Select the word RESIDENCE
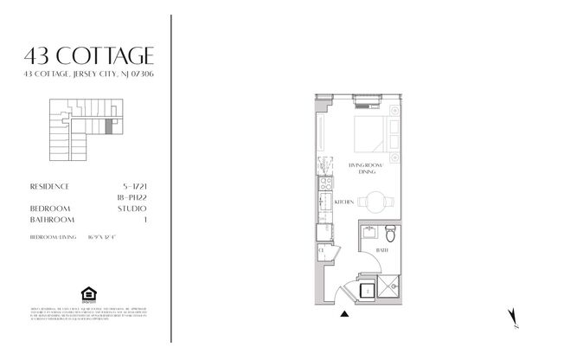click(50, 186)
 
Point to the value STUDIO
click(135, 209)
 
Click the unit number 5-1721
click(135, 186)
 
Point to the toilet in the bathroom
click(390, 234)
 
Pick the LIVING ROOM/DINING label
click(365, 167)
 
